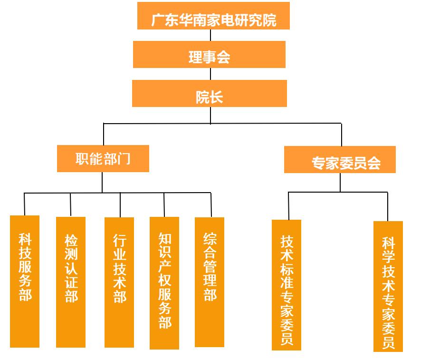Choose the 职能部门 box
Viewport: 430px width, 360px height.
click(103, 158)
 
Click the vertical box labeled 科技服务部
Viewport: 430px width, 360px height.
click(25, 281)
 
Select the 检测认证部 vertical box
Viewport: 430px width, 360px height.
click(71, 282)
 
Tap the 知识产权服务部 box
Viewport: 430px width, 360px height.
click(164, 283)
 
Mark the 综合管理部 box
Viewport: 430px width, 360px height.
click(210, 282)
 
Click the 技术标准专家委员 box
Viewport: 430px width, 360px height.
click(287, 285)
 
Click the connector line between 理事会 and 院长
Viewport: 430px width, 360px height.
click(210, 74)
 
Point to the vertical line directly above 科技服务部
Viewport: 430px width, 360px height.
click(24, 204)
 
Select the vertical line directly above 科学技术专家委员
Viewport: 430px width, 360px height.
click(387, 206)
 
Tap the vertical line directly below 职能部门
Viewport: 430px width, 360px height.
click(102, 182)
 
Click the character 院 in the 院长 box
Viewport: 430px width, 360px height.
click(202, 97)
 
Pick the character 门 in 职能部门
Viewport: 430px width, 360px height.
click(124, 159)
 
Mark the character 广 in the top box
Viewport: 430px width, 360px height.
click(158, 20)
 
